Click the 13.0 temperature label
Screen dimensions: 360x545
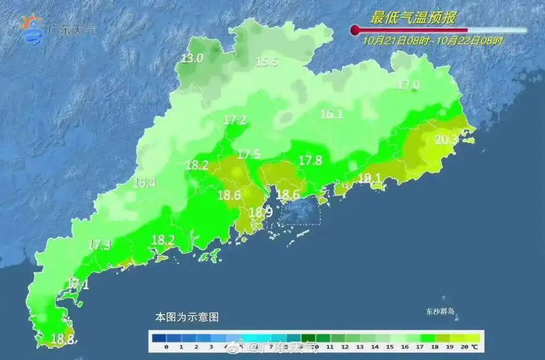(x=192, y=59)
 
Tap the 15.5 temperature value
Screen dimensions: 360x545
(x=266, y=63)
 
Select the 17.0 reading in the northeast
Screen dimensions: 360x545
(x=408, y=85)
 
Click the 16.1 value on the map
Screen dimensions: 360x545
(x=332, y=114)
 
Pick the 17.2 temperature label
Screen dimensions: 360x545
(x=235, y=120)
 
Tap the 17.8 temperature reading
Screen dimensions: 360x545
(x=310, y=161)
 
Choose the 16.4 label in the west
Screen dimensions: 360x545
(x=144, y=183)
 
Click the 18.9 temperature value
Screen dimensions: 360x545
(x=261, y=213)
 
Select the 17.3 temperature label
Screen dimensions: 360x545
(x=99, y=245)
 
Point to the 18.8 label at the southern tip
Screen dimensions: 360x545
(x=64, y=339)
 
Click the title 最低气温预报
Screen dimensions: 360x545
(x=413, y=19)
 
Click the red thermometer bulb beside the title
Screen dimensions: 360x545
(x=355, y=30)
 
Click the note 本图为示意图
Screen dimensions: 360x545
(x=187, y=318)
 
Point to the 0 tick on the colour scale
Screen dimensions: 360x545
(x=166, y=347)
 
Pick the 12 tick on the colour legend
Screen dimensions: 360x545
(x=345, y=347)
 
